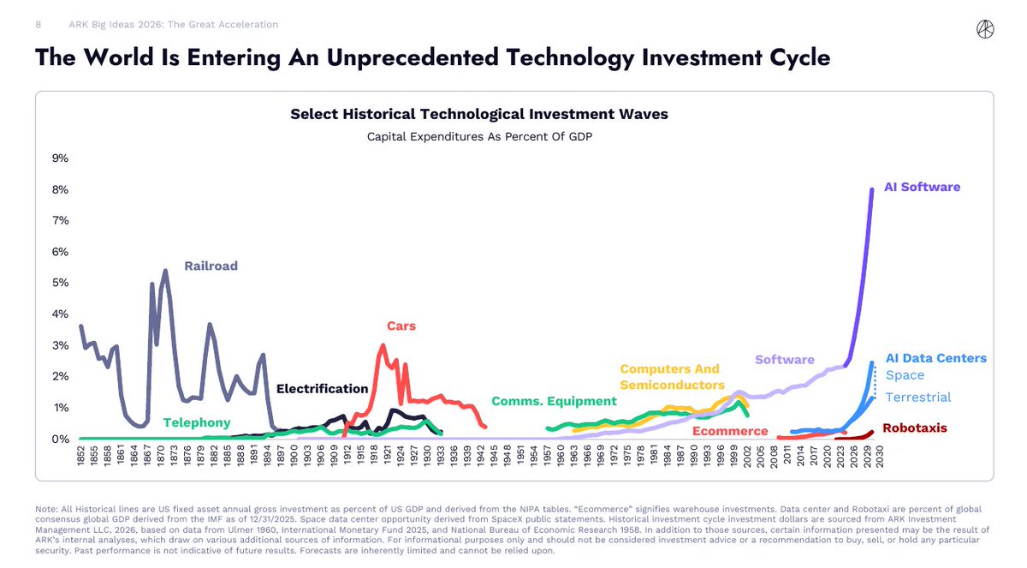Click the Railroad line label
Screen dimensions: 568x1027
coord(211,266)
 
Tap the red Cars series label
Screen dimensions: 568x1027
coord(401,326)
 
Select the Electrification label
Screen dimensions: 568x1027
coord(322,389)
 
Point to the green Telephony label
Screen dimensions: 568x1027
coord(197,422)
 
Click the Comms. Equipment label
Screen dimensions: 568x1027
coord(554,401)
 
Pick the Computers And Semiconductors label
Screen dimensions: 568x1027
coord(672,377)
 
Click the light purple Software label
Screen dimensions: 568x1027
coord(784,359)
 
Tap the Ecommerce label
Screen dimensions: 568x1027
coord(730,431)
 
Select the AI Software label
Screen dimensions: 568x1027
coord(922,187)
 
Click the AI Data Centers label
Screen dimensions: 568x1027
coord(935,358)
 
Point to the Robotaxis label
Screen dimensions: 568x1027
coord(914,427)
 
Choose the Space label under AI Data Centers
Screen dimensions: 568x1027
coord(905,375)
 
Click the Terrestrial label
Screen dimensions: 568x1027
coord(917,397)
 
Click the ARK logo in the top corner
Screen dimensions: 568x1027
coord(985,29)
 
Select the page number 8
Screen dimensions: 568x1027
coord(39,25)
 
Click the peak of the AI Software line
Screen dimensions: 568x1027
coord(872,189)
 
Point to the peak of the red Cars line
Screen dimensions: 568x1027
coord(383,345)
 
